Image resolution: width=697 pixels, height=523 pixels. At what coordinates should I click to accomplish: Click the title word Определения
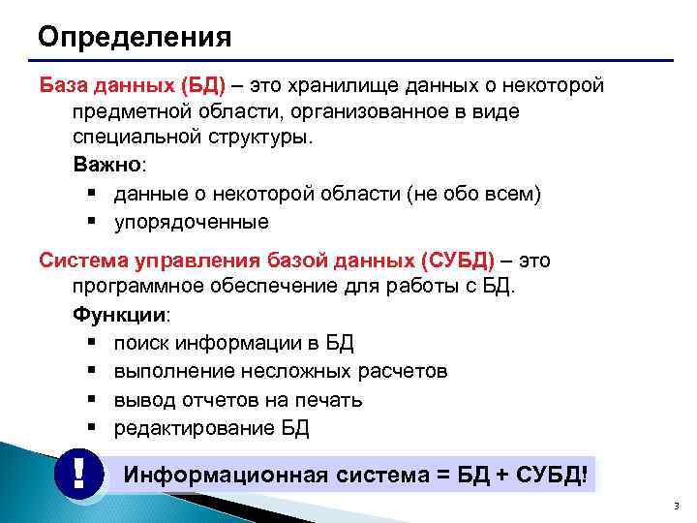click(135, 38)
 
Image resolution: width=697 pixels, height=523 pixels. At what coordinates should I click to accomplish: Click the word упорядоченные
click(191, 222)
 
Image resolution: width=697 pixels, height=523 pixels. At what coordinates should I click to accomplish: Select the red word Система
click(83, 261)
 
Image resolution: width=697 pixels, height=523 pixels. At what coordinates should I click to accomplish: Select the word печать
click(329, 400)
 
